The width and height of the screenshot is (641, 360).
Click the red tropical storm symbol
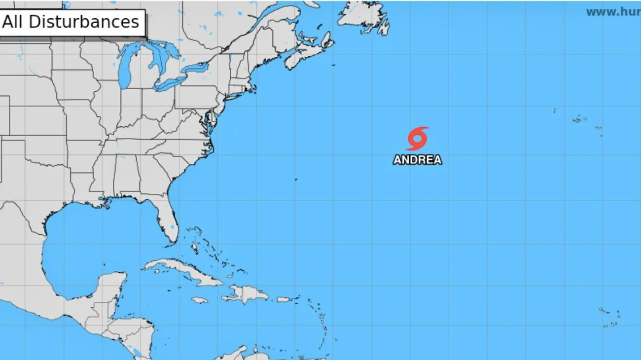pyautogui.click(x=417, y=139)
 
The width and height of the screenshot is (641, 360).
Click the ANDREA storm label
pyautogui.click(x=417, y=160)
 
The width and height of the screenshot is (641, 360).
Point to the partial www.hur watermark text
pyautogui.click(x=613, y=12)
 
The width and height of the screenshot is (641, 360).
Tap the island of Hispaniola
pyautogui.click(x=247, y=294)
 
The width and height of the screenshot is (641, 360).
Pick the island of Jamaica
pyautogui.click(x=199, y=300)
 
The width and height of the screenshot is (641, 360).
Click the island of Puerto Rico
pyautogui.click(x=283, y=299)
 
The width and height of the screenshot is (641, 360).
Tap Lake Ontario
pyautogui.click(x=195, y=68)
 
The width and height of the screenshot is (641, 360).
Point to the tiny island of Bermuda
pyautogui.click(x=296, y=180)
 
